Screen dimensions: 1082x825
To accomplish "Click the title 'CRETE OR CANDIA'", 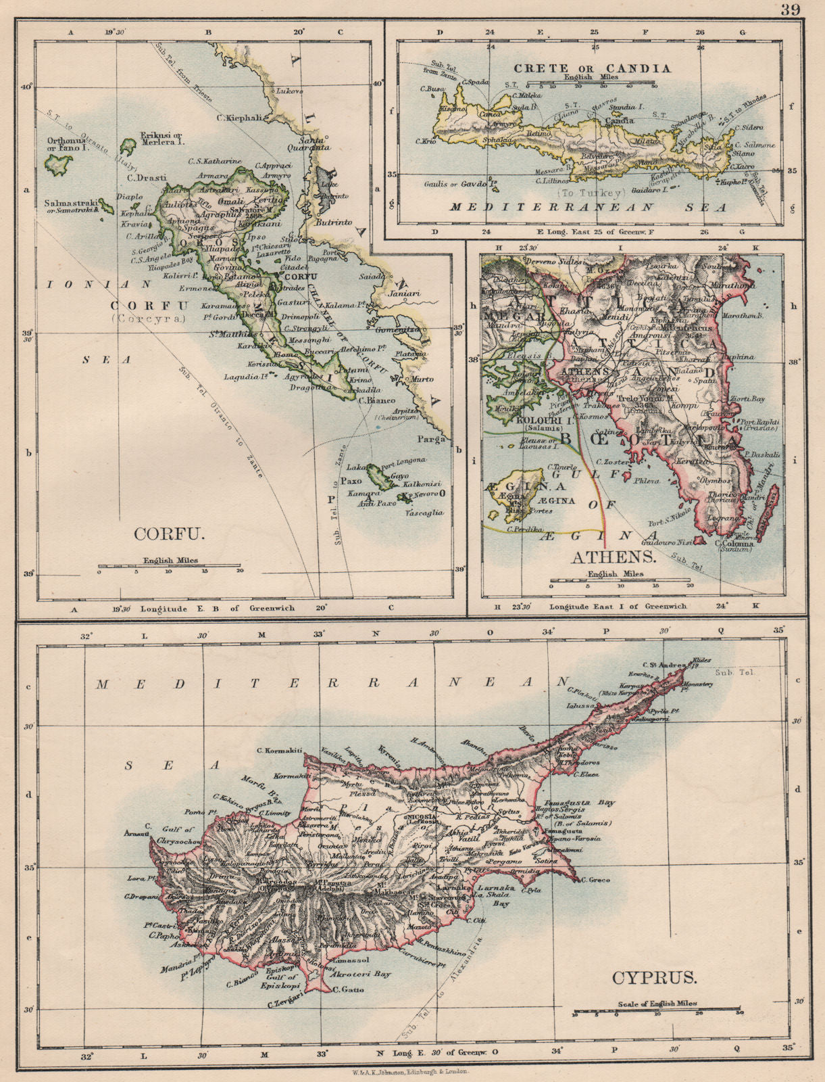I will click(x=592, y=68).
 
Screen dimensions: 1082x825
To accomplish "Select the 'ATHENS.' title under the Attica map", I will click(x=614, y=557).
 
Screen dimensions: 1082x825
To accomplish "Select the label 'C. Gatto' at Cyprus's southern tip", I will click(x=349, y=990).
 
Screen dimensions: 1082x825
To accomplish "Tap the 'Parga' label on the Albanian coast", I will click(x=436, y=439).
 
